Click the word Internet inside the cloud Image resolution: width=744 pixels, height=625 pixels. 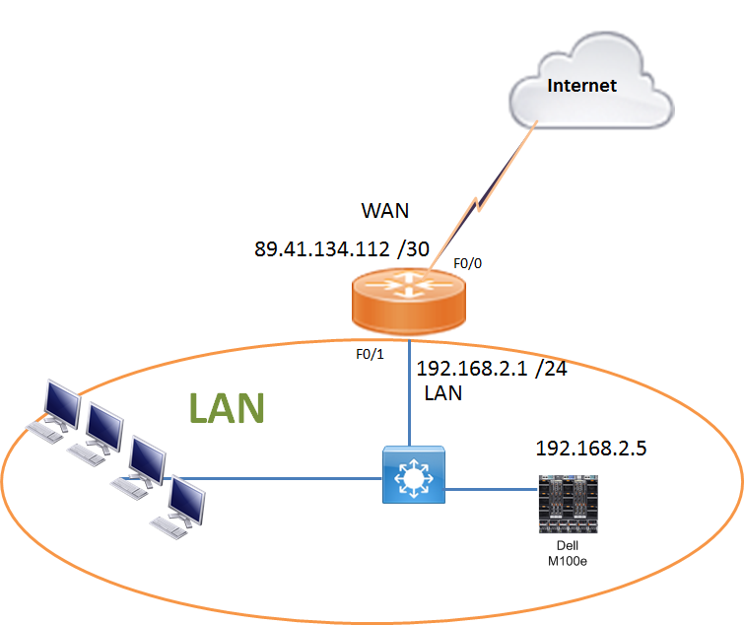click(x=581, y=86)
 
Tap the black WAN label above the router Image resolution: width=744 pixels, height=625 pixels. click(x=385, y=212)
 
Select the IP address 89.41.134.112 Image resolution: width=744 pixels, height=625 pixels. click(x=321, y=249)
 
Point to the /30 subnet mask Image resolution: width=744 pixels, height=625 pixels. click(x=412, y=249)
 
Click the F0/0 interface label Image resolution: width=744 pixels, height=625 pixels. click(x=466, y=264)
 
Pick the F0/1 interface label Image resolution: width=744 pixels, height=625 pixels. click(x=371, y=353)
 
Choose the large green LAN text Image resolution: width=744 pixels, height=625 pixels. click(x=226, y=407)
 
